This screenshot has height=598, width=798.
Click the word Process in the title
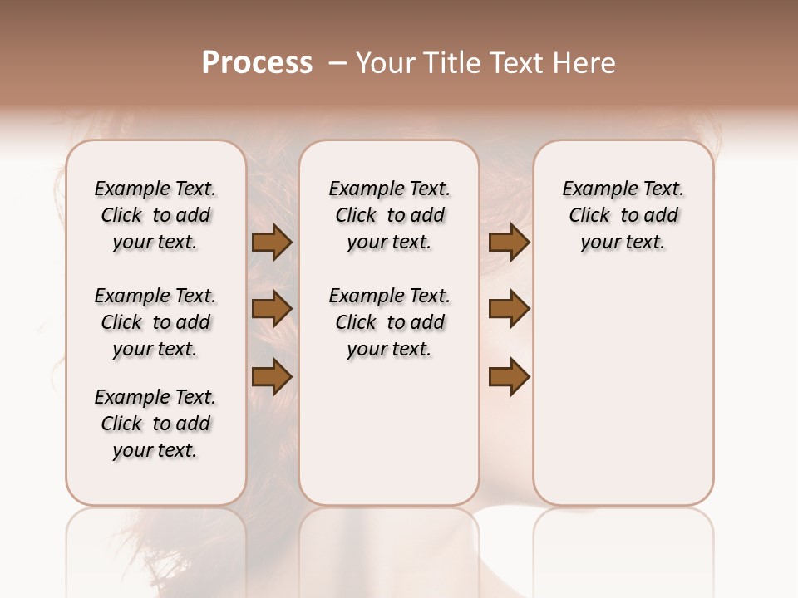coord(257,63)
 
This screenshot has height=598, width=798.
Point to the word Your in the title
coord(386,63)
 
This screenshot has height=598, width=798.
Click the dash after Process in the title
coord(337,64)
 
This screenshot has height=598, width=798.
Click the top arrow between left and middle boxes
coord(272,243)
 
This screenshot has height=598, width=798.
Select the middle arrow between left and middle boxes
coord(272,309)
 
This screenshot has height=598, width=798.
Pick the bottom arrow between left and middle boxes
coord(272,376)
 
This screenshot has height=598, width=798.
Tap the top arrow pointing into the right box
coord(509,243)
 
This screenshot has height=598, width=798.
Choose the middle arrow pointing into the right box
coord(509,309)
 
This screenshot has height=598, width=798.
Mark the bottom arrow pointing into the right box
coord(509,377)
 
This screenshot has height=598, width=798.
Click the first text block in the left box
coord(155,215)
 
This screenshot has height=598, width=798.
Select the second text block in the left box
coord(155,322)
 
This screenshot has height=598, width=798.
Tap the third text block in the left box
coord(155,424)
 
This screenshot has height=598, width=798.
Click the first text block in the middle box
coord(389,215)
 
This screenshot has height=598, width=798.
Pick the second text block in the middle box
coord(389,322)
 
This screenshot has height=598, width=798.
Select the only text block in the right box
coord(623,215)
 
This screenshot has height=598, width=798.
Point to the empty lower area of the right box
coord(623,390)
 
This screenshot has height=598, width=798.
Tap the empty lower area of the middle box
coord(389,432)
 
